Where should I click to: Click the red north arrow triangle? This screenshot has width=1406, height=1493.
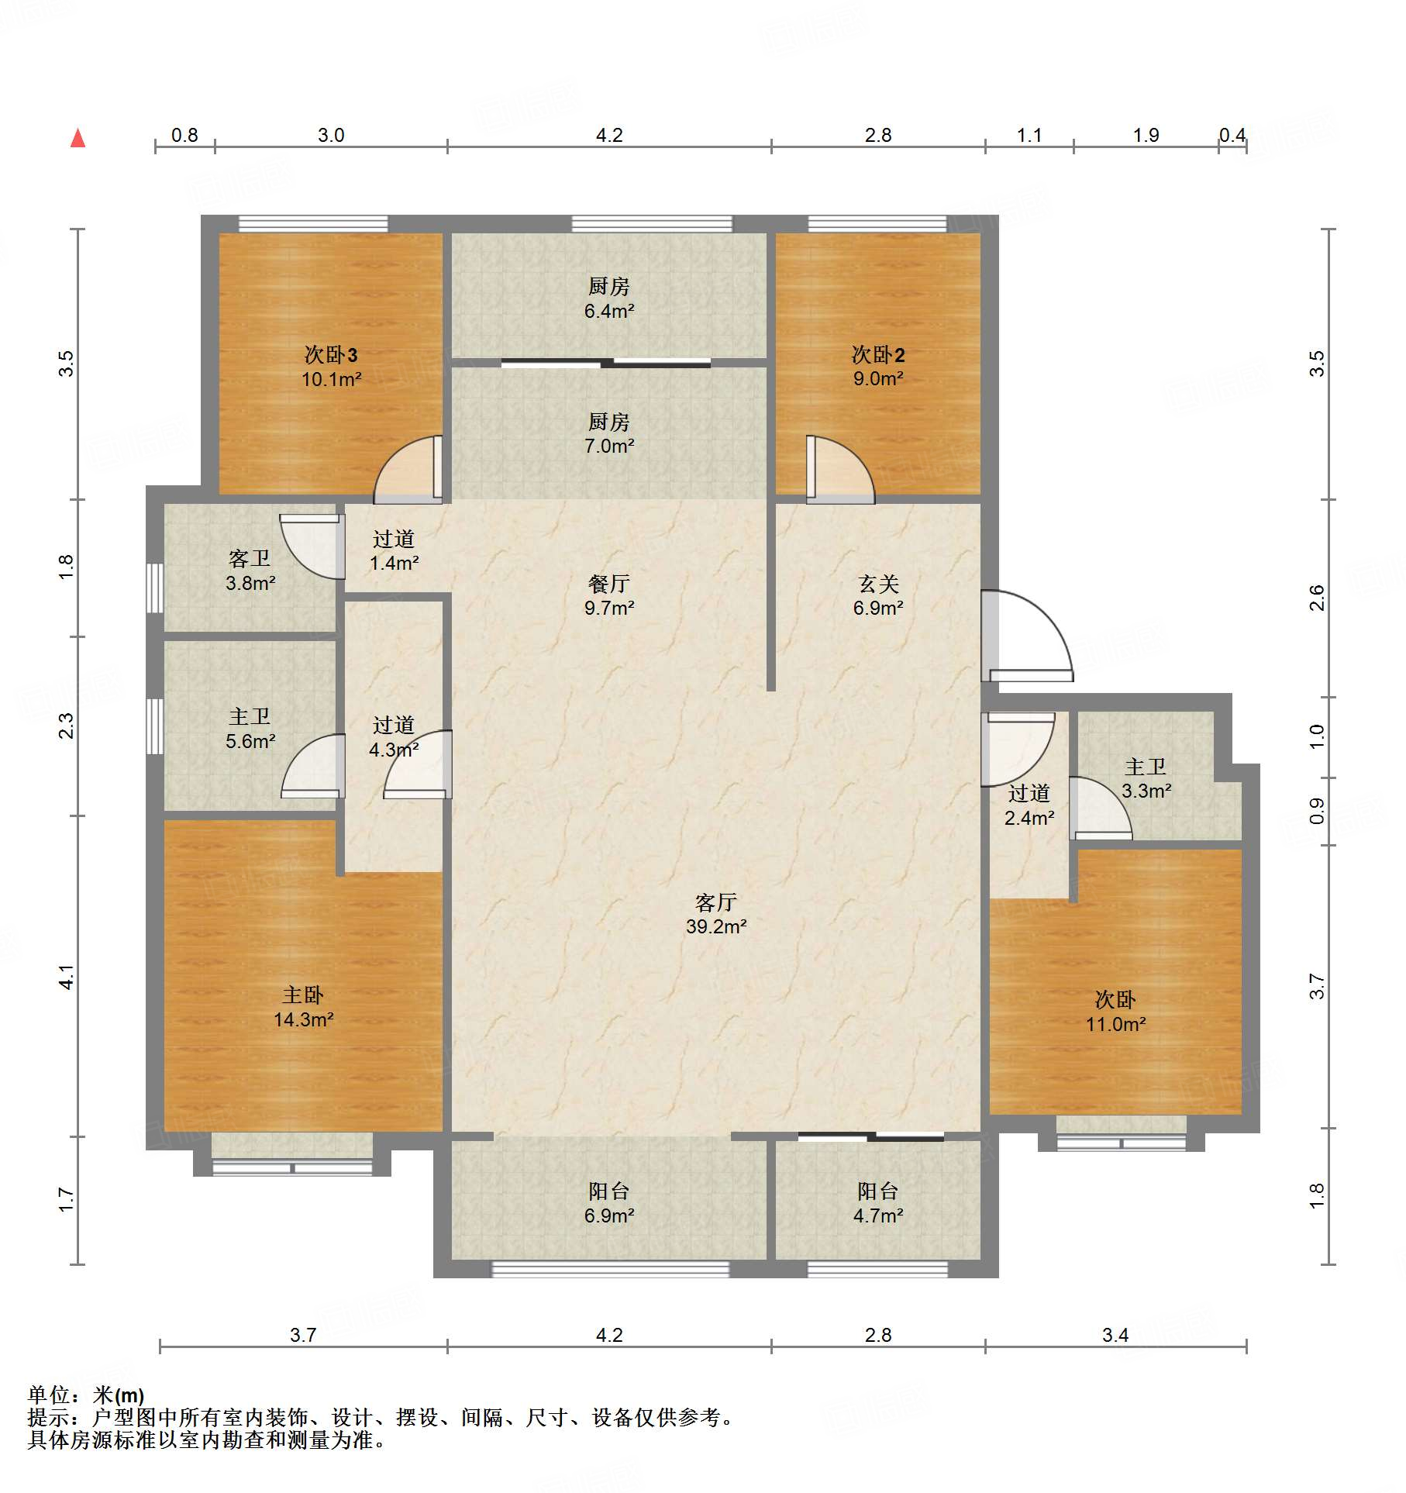(x=78, y=138)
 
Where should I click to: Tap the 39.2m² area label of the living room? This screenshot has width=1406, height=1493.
(x=716, y=926)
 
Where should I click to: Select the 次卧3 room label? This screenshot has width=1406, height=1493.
(x=331, y=355)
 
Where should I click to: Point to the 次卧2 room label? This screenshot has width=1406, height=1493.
(x=878, y=355)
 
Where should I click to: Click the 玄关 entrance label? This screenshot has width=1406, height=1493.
(x=878, y=584)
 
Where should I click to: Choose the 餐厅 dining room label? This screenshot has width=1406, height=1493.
(x=609, y=584)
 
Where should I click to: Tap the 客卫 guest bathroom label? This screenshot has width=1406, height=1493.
(x=250, y=559)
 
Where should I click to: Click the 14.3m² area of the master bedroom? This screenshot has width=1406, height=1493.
(x=304, y=1019)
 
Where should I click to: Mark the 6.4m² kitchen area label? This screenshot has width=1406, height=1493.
(x=609, y=311)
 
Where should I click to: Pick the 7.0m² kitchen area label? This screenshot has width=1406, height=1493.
(x=609, y=446)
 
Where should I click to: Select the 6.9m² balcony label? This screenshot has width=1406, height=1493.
(x=609, y=1215)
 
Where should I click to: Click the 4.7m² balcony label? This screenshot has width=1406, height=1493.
(x=878, y=1215)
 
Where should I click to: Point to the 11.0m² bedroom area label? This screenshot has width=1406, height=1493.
(x=1115, y=1024)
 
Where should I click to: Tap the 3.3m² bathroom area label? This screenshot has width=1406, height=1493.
(x=1146, y=791)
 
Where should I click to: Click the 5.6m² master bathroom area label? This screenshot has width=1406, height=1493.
(x=250, y=741)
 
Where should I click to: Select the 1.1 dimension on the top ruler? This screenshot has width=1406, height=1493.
(x=1029, y=136)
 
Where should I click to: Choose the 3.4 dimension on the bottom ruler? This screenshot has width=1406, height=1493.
(x=1115, y=1335)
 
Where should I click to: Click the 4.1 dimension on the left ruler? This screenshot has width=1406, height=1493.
(x=67, y=977)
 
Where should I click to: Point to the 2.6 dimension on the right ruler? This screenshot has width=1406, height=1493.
(x=1317, y=598)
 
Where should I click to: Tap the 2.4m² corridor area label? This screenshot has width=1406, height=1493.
(x=1029, y=817)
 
